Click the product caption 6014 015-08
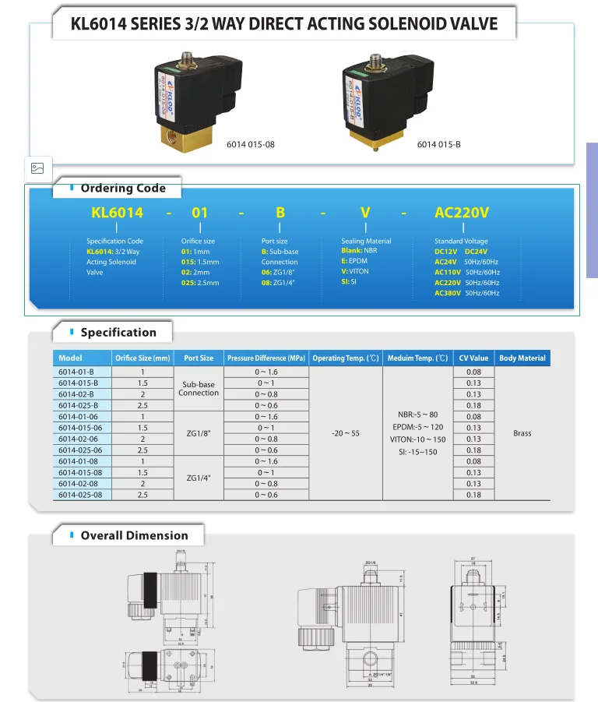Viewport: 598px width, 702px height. tap(251, 144)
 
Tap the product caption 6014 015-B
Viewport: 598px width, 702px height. tap(439, 144)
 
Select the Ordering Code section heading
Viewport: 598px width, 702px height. tap(123, 188)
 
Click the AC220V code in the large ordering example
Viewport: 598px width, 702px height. tap(462, 212)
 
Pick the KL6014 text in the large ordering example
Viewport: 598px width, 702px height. tap(118, 212)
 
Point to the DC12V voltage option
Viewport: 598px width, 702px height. tap(446, 252)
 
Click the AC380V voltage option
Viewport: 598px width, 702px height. tap(448, 293)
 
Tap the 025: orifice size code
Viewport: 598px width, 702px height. tap(188, 283)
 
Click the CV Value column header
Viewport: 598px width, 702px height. tap(473, 358)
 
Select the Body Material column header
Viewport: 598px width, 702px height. tap(522, 358)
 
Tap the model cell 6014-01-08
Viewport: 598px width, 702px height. tap(80, 461)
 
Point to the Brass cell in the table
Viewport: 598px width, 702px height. tap(522, 433)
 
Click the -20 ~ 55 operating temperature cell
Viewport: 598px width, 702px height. tap(346, 433)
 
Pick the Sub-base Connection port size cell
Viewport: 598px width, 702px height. tap(199, 389)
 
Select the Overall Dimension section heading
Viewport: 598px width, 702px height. tap(134, 535)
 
